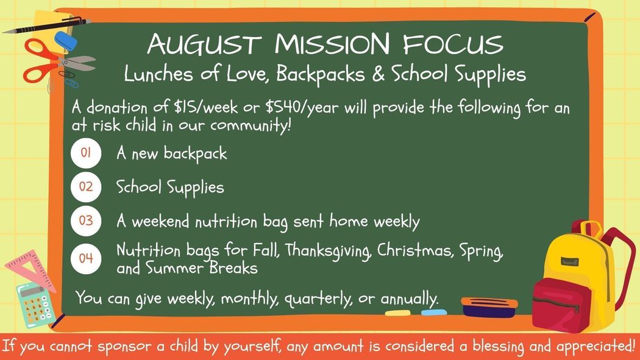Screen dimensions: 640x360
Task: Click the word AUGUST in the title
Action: pos(204,44)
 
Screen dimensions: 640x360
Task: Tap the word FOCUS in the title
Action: pos(453,44)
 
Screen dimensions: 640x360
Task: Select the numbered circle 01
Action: pos(86,153)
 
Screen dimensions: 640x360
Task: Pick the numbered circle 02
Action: pos(86,187)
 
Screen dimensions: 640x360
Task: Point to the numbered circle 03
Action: pos(86,221)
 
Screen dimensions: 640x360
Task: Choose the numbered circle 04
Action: pos(86,258)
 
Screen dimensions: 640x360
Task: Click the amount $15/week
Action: pos(206,107)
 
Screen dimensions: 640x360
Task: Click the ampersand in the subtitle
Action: pos(378,74)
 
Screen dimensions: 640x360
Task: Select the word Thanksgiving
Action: pos(328,250)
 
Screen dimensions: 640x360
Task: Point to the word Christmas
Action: pos(415,250)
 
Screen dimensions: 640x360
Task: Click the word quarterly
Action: pos(318,300)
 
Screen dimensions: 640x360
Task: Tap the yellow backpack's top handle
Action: pos(587,228)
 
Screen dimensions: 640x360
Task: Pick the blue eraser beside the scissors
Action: pos(66,41)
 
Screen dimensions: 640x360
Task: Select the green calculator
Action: pos(37,305)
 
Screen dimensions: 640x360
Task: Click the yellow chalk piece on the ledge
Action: pos(398,313)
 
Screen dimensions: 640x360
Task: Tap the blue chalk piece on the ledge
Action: pos(434,312)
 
